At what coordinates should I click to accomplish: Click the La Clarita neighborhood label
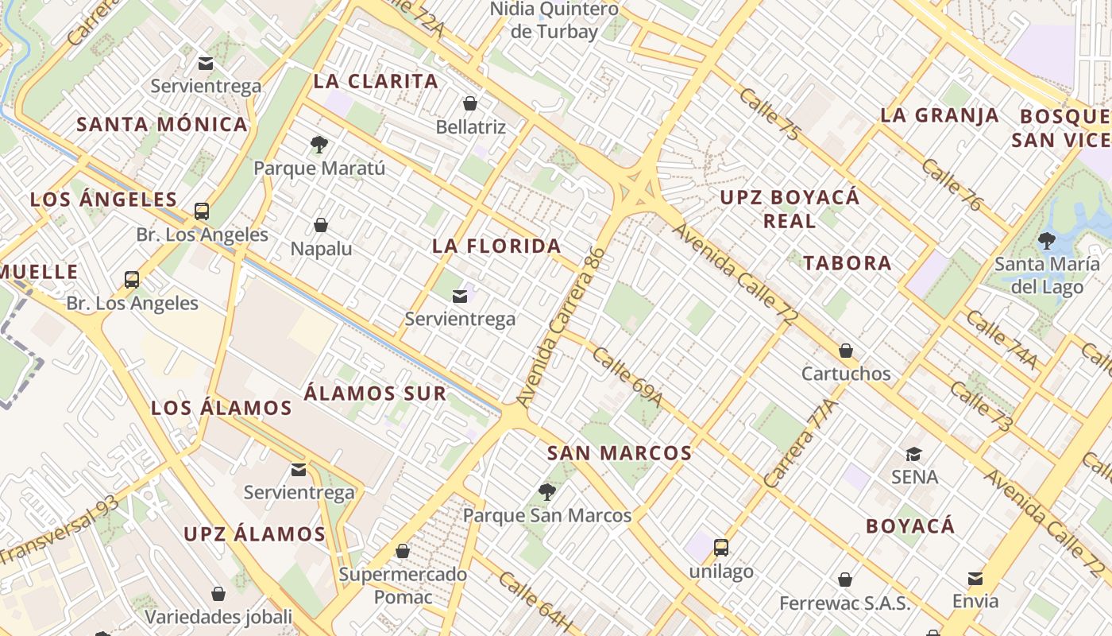coord(376,81)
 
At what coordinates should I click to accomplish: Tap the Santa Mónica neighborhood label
coord(162,124)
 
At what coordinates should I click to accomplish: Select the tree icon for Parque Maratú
coord(319,145)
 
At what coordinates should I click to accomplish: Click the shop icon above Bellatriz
coord(470,103)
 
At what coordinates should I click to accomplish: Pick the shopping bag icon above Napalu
coord(321,225)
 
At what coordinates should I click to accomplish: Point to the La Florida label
coord(497,246)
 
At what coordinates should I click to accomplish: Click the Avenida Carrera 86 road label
coord(561,328)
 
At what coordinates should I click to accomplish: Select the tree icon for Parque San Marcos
coord(546,491)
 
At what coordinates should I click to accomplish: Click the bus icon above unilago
coord(721,547)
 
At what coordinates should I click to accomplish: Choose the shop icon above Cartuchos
coord(846,350)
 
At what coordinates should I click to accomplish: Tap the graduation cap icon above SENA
coord(914,454)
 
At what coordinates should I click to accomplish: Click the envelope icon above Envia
coord(975,578)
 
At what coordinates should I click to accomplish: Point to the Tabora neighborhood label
coord(847,263)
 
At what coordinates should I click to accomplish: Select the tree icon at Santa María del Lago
coord(1047,240)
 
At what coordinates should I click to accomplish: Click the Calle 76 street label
coord(952,185)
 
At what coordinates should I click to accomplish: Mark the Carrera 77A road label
coord(801,444)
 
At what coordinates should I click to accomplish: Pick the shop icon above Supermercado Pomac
coord(403,551)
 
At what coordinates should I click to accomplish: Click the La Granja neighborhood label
coord(940,114)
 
